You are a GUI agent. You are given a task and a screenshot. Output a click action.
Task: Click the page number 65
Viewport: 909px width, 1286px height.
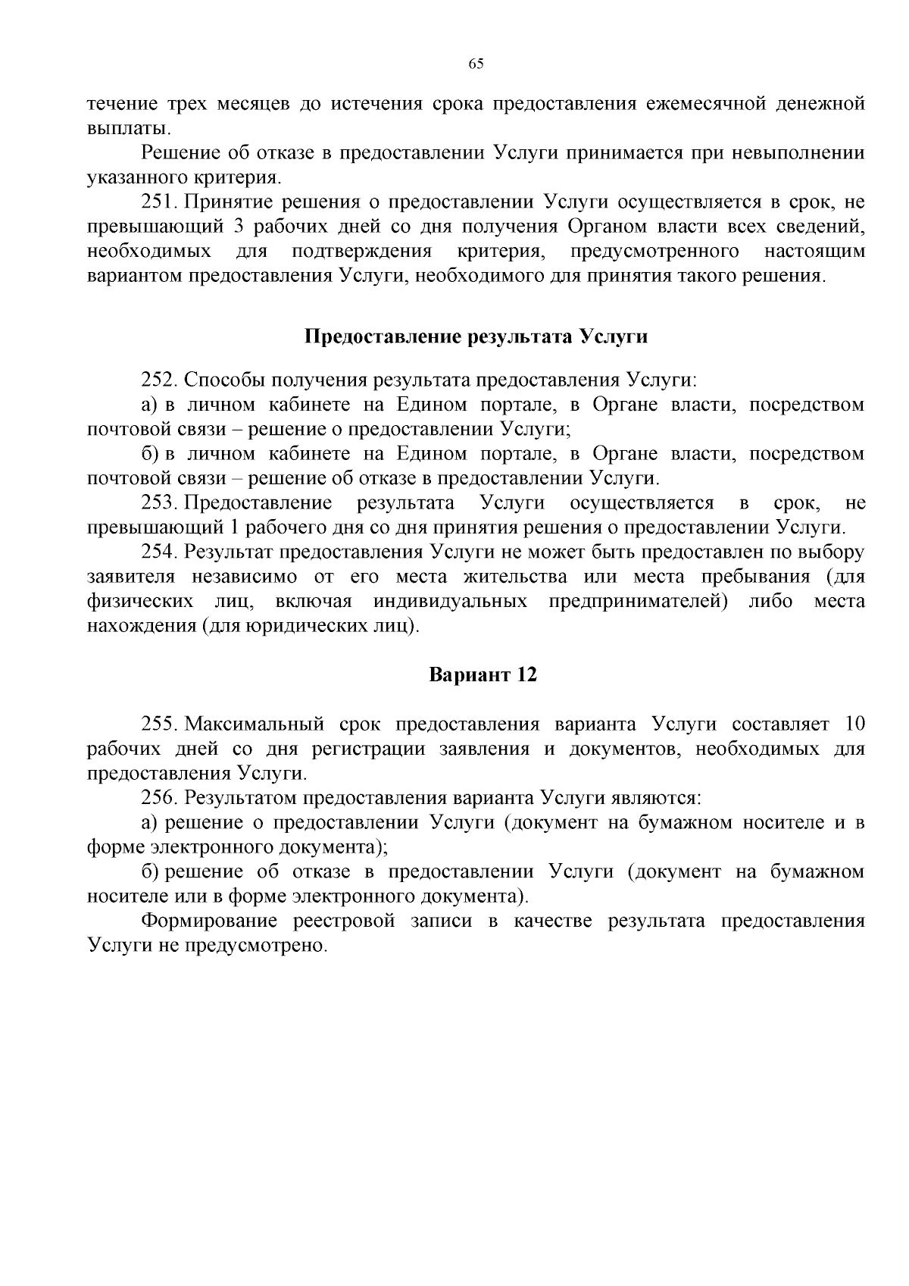[476, 64]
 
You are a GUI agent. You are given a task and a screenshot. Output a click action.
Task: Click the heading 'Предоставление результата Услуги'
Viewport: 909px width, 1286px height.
[476, 336]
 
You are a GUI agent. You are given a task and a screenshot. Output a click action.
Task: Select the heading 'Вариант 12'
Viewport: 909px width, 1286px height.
[483, 674]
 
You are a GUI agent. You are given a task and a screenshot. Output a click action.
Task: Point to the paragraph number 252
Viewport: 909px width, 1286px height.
[158, 380]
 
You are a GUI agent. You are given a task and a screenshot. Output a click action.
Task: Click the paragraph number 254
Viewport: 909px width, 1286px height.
[158, 552]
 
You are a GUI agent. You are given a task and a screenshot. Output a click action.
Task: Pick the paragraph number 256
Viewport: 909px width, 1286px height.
[158, 797]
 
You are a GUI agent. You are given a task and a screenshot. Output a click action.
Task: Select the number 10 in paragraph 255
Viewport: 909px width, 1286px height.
[854, 724]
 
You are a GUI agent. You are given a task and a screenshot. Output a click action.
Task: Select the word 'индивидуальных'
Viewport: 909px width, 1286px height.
[451, 602]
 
